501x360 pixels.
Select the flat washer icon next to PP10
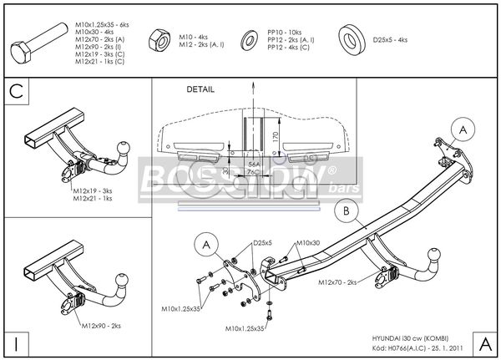(x=249, y=40)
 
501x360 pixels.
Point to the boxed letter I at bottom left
(x=16, y=342)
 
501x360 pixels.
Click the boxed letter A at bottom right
(x=485, y=342)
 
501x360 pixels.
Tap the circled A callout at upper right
(x=463, y=129)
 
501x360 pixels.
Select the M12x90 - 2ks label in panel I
(x=99, y=324)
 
